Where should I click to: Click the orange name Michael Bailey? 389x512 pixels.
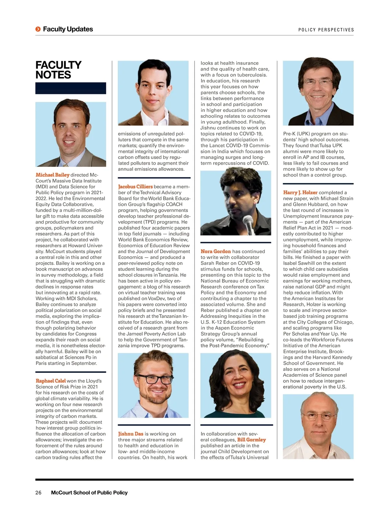[x=53, y=175]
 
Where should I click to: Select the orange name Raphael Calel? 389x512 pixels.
[x=51, y=381]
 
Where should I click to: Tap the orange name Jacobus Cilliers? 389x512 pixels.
[x=135, y=187]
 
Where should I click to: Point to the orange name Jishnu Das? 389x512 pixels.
[x=131, y=434]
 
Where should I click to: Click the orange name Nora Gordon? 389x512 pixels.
[x=216, y=251]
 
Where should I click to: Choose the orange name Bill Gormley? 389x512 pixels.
[x=251, y=440]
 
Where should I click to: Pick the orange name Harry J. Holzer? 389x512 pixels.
[x=300, y=193]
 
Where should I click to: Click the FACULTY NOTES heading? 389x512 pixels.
[x=58, y=70]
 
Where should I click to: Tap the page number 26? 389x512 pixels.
[x=38, y=493]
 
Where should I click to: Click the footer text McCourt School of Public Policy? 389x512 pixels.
[x=89, y=493]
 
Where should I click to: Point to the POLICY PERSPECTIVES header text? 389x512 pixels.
[x=326, y=30]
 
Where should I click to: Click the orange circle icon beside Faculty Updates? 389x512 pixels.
[x=38, y=29]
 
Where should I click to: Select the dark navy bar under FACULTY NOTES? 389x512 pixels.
[x=71, y=88]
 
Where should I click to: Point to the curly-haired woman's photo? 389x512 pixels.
[x=236, y=385]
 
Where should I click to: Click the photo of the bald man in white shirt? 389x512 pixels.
[x=318, y=426]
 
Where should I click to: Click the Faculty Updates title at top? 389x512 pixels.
[x=68, y=29]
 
